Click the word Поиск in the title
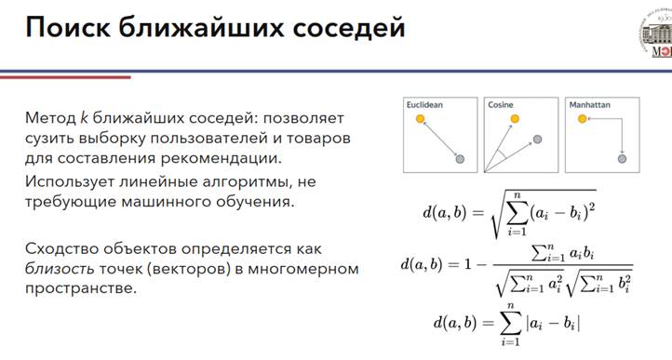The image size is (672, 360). click(x=68, y=27)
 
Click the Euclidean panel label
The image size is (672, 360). click(x=424, y=105)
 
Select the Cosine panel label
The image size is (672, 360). click(x=501, y=105)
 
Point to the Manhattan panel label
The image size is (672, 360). click(x=589, y=105)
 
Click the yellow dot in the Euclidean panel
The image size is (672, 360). click(x=421, y=118)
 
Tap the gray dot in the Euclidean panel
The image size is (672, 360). click(x=460, y=159)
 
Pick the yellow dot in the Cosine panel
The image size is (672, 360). click(x=515, y=118)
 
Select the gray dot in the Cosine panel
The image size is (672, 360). click(x=537, y=139)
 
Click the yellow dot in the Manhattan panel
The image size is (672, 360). click(x=582, y=119)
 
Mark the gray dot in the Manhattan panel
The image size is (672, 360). click(x=622, y=158)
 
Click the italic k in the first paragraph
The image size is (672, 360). click(x=84, y=117)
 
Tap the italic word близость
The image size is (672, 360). click(x=60, y=269)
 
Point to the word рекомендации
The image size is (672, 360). click(x=222, y=158)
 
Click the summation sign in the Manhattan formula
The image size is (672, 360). click(x=510, y=324)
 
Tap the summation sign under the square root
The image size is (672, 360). click(x=517, y=213)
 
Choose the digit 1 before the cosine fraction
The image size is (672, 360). click(x=467, y=264)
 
